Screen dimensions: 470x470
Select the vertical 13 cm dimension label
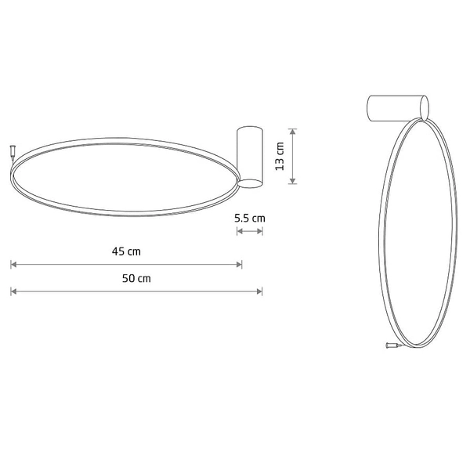click(280, 157)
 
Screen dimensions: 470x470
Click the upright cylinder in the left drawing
click(250, 157)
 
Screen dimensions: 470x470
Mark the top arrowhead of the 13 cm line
click(292, 132)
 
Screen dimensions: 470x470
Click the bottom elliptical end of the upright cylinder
click(250, 183)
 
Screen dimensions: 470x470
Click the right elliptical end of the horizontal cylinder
click(425, 108)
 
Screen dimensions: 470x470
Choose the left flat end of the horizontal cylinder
click(369, 108)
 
